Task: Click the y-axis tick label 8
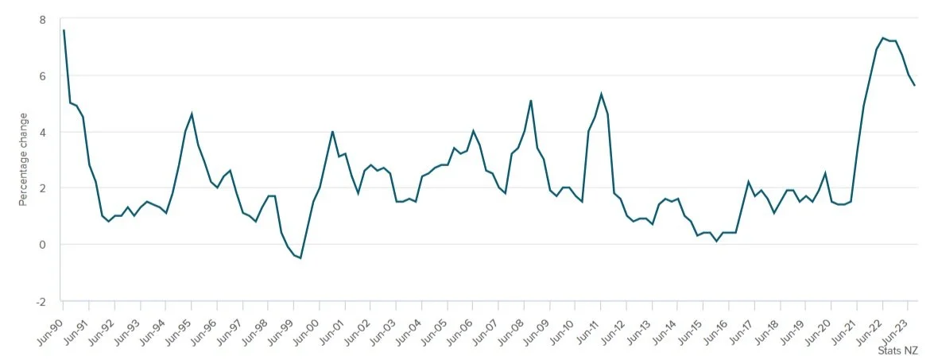pos(43,20)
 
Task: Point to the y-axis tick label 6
pos(43,76)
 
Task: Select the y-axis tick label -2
pos(41,302)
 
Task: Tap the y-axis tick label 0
pos(43,245)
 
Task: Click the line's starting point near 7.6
pos(64,30)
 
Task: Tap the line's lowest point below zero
pos(300,258)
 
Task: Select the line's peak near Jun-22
pos(883,37)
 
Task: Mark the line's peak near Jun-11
pos(601,94)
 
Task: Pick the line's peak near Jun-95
pos(192,114)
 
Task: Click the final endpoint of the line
pos(915,85)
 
